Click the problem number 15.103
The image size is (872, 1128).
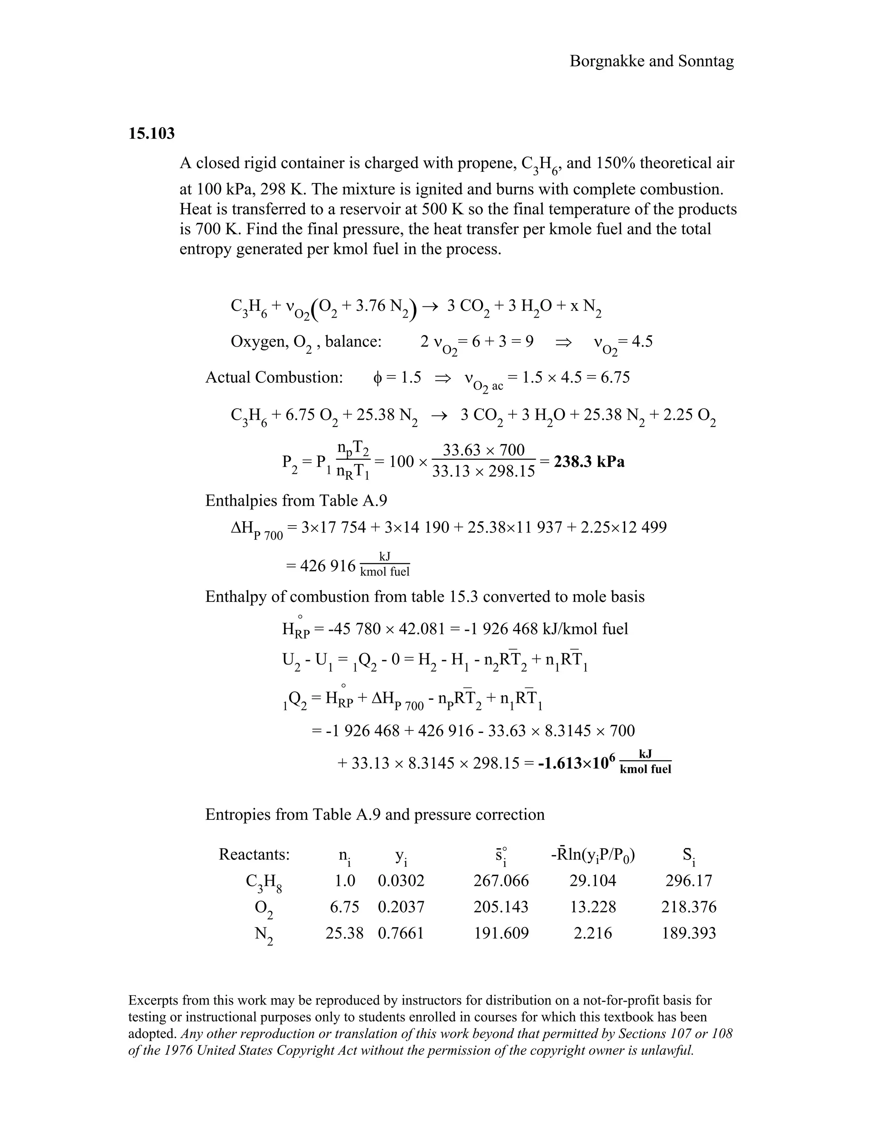(x=151, y=134)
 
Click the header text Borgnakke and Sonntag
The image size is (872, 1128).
(x=651, y=61)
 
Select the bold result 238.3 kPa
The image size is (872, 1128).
(x=589, y=461)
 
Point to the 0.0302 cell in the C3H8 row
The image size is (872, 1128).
(x=401, y=881)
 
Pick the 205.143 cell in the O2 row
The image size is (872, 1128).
(x=501, y=907)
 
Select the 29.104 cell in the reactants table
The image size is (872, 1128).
(x=593, y=881)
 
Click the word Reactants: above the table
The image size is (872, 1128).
(x=254, y=854)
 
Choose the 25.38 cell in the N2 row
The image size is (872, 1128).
(x=344, y=933)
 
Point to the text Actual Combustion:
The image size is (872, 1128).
(x=274, y=378)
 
